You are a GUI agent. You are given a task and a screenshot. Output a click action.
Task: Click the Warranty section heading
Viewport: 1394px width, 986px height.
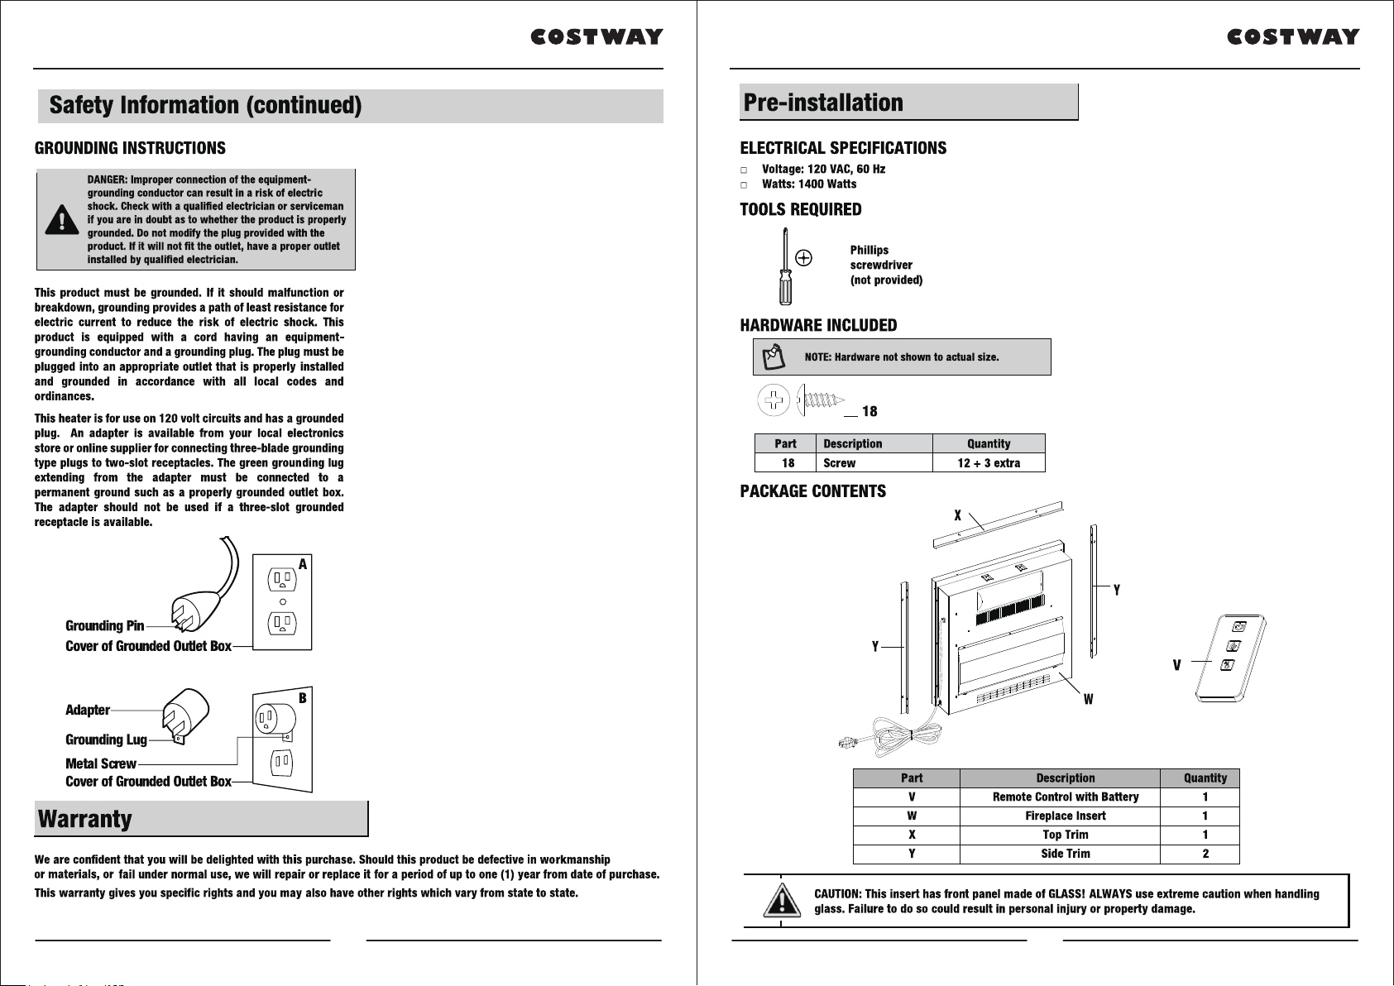coord(84,819)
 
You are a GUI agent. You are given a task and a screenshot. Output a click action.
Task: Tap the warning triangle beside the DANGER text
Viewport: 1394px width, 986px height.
coord(61,219)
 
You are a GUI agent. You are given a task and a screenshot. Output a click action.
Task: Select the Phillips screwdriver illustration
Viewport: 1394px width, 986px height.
coord(785,266)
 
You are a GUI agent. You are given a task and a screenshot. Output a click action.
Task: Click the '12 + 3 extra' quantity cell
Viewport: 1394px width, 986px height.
coord(989,463)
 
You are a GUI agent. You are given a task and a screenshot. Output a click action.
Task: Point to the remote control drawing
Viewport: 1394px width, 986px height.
coord(1230,658)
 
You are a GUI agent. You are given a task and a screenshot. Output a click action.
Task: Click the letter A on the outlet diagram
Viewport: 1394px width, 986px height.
coord(303,564)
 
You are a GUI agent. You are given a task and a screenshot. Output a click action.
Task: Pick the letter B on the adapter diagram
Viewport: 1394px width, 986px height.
coord(303,698)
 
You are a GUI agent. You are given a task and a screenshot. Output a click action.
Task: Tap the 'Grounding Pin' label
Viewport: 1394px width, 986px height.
coord(104,626)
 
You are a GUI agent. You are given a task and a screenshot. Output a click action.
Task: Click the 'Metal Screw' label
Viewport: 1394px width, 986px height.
coord(101,764)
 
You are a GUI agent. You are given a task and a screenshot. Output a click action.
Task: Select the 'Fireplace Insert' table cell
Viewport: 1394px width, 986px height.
coord(1066,816)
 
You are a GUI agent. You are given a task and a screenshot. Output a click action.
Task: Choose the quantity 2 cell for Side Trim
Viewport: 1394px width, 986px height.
coord(1205,854)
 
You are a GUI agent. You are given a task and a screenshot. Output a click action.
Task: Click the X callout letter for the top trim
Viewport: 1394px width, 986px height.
coord(958,515)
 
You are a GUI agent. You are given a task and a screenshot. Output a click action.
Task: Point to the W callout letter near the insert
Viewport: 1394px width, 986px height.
coord(1088,700)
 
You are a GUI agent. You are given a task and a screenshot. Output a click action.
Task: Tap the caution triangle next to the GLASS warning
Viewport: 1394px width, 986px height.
coord(783,900)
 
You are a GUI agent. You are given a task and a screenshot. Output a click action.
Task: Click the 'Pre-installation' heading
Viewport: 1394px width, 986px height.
coord(823,103)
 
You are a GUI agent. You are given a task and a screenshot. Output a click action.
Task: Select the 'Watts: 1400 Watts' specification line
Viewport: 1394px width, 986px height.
coord(809,184)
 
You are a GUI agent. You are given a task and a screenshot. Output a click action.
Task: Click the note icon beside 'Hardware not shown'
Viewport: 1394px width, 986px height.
coord(774,357)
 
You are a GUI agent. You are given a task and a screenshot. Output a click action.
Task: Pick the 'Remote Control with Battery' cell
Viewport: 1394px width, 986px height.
coord(1066,797)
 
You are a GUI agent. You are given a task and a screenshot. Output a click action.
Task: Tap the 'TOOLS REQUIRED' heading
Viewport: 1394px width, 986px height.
coord(800,209)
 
